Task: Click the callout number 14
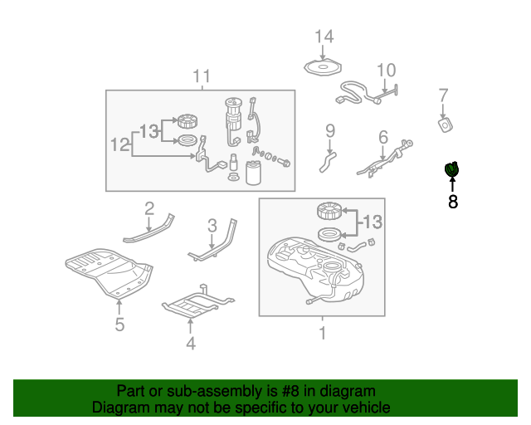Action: click(324, 37)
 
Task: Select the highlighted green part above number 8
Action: click(451, 169)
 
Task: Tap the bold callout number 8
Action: click(453, 202)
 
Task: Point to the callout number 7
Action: click(443, 95)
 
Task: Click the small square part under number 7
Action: click(446, 125)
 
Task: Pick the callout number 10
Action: click(387, 71)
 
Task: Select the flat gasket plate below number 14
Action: click(323, 67)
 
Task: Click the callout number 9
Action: click(330, 131)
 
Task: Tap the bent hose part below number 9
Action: click(328, 162)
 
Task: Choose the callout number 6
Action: click(383, 137)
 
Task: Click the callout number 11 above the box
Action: click(202, 76)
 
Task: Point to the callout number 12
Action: click(120, 144)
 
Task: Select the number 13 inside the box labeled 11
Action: click(149, 131)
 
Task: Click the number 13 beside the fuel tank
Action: click(373, 222)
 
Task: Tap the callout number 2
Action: click(149, 208)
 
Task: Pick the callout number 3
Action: click(212, 226)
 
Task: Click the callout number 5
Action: click(119, 325)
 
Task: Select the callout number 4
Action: click(191, 344)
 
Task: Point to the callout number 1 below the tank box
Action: click(323, 333)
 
